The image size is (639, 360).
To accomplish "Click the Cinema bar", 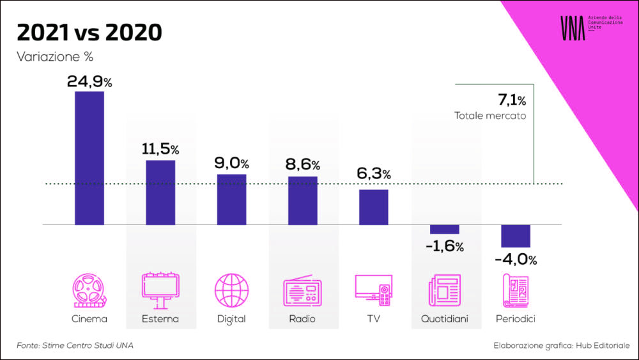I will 89,158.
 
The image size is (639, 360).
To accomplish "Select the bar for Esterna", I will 160,192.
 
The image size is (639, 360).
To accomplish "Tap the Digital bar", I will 231,199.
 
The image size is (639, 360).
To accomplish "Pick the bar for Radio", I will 302,200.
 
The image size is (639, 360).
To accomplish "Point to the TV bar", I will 373,207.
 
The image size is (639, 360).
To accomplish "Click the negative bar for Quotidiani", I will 444,230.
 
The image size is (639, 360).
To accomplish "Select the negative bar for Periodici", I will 516,236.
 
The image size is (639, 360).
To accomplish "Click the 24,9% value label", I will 89,81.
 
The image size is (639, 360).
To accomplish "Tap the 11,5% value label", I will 160,150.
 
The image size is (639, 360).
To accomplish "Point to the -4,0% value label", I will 516,260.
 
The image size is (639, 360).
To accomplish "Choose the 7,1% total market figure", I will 511,100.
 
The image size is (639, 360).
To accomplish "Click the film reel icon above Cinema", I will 89,291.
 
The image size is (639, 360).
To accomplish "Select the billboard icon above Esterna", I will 160,291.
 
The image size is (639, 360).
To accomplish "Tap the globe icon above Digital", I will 231,291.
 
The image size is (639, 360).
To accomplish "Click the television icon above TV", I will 373,291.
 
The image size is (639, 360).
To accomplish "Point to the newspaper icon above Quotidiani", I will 444,291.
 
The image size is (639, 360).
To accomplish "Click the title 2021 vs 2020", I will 89,31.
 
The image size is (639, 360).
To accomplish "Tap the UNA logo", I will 573,29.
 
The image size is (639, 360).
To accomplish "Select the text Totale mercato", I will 490,116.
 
